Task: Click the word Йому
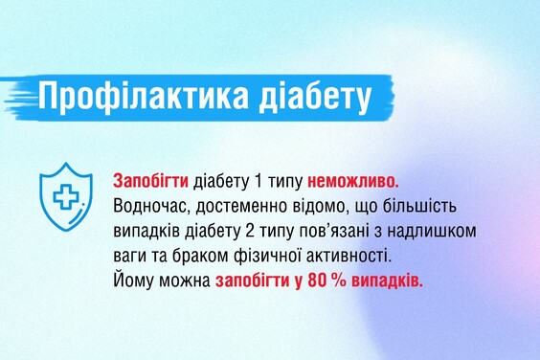point(131,283)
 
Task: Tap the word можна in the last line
point(183,283)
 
